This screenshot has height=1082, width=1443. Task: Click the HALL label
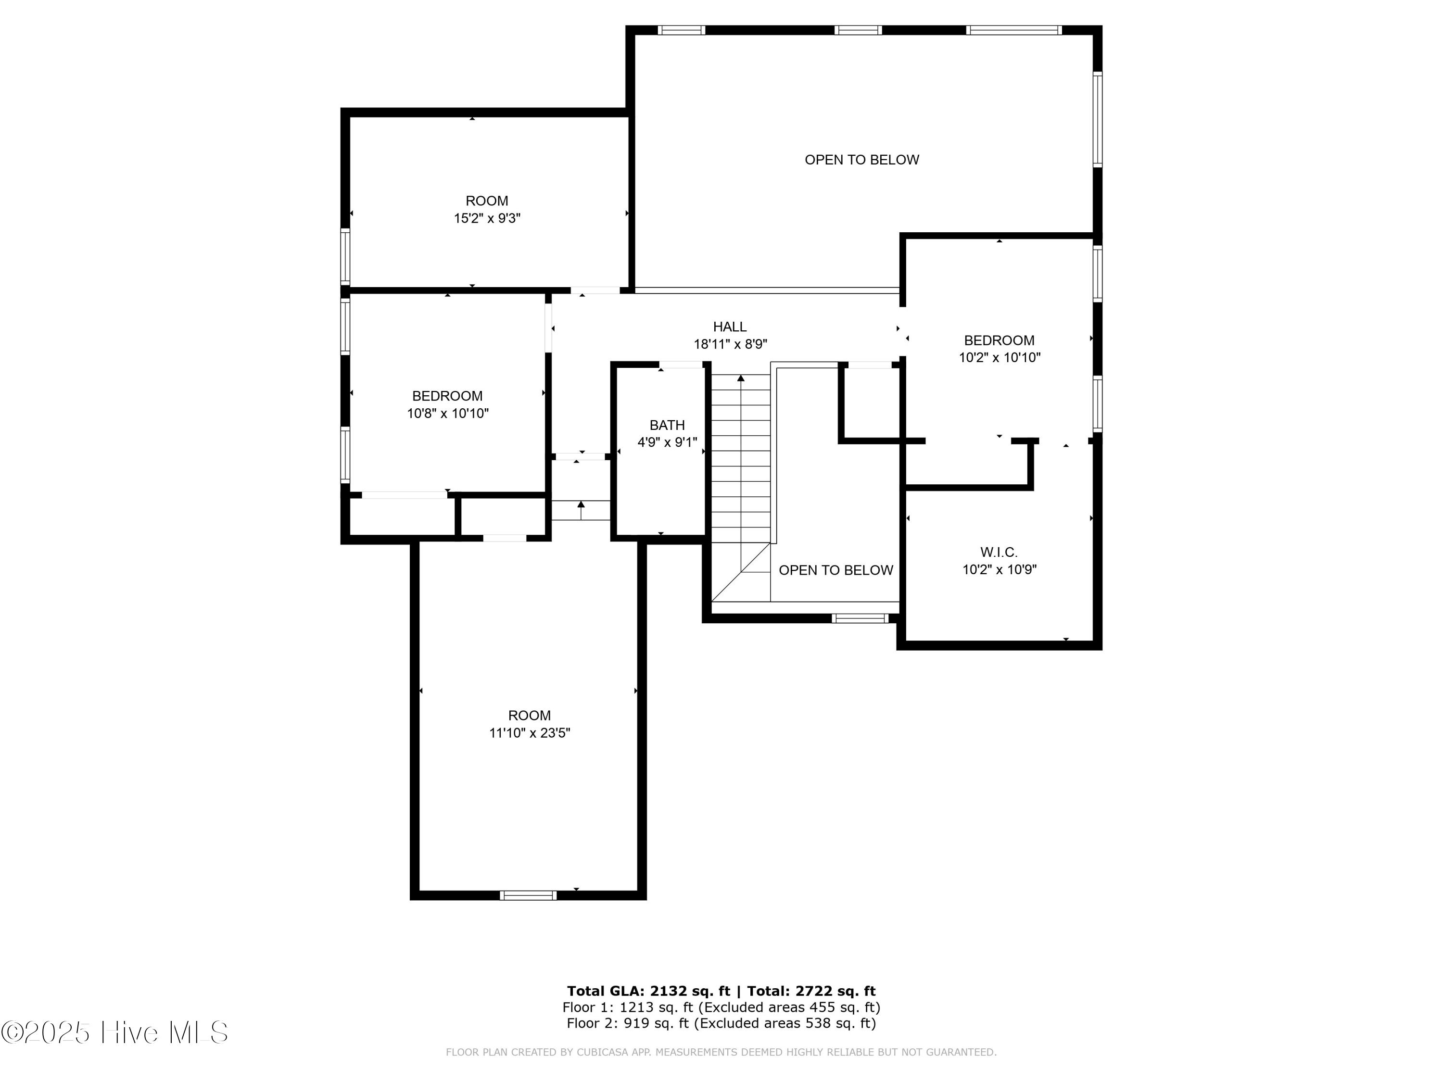[x=729, y=327]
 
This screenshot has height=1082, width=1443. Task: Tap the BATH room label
[x=667, y=425]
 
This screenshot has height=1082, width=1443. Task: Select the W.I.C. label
[x=999, y=553]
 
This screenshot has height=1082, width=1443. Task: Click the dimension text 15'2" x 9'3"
[x=487, y=218]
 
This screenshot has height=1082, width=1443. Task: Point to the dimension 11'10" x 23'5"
[x=529, y=733]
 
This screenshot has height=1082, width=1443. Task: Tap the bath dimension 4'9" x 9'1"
[x=667, y=442]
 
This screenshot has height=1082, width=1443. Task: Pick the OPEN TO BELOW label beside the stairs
[x=835, y=570]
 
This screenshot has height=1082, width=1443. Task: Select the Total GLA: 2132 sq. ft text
[x=648, y=991]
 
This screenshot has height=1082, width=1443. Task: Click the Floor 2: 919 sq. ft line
[x=721, y=1023]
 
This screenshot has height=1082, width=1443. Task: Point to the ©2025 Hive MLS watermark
[x=115, y=1032]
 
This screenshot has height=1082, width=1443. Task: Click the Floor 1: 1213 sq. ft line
[x=721, y=1007]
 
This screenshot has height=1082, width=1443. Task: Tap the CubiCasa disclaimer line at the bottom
[x=721, y=1052]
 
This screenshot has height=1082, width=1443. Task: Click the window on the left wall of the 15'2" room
[x=345, y=256]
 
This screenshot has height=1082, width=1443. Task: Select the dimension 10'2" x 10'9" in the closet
[x=999, y=569]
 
